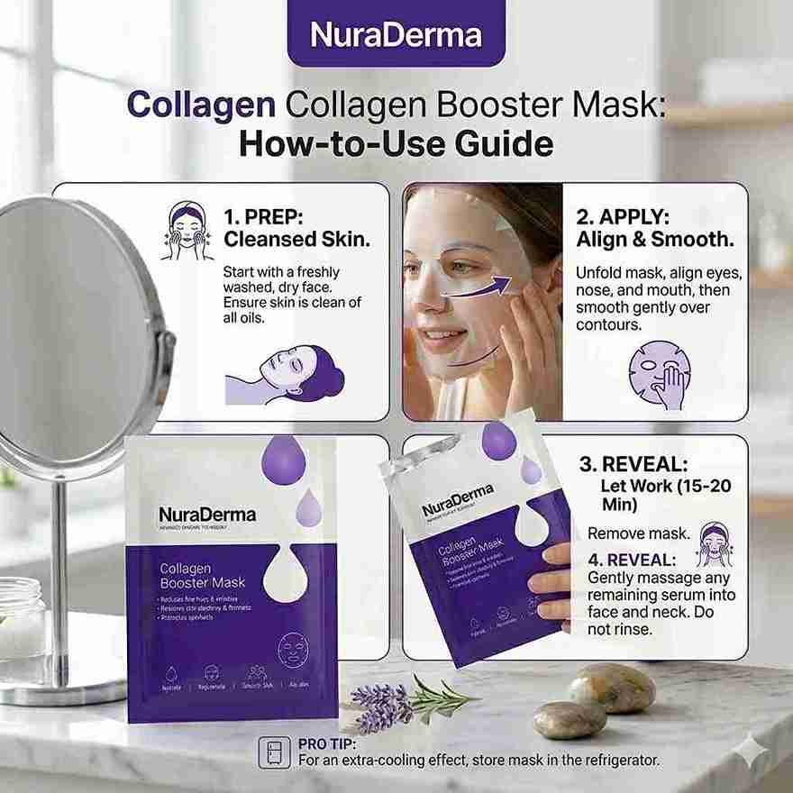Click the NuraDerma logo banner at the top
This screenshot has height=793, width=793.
[x=396, y=34]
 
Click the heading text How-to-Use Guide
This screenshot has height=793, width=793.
[x=396, y=143]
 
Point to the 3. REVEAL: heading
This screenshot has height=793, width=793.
[x=633, y=464]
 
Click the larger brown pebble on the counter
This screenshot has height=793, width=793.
[x=612, y=687]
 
